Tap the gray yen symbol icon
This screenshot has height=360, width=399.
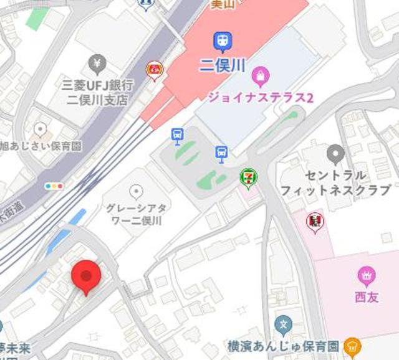coord(97,62)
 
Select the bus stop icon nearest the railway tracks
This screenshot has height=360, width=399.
coord(178,134)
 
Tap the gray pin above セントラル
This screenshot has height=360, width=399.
coord(336,153)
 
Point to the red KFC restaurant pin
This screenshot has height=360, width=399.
coord(314,221)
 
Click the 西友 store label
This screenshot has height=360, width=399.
coord(367,297)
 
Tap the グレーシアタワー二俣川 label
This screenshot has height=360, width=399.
coord(136,215)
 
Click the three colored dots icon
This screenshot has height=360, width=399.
coord(54,186)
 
